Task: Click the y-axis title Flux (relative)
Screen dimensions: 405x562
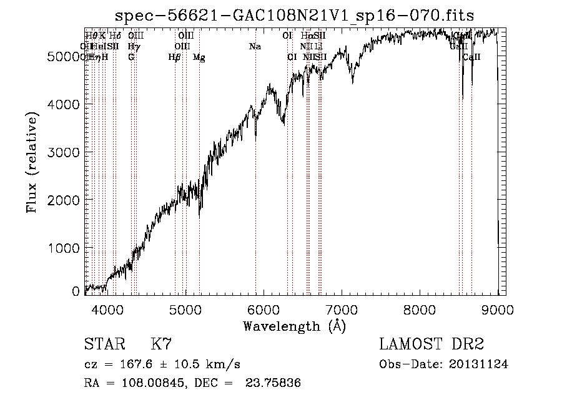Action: click(32, 162)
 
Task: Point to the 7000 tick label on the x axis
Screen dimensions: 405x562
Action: click(342, 309)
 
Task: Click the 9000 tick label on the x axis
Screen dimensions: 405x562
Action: click(498, 309)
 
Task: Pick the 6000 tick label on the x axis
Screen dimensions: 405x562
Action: click(264, 309)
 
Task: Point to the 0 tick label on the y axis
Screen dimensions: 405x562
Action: click(76, 291)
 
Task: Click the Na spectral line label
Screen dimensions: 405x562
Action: click(255, 46)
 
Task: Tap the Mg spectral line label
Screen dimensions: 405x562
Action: click(199, 57)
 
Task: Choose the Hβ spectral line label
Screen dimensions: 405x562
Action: click(174, 57)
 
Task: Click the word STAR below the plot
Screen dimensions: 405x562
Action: click(103, 344)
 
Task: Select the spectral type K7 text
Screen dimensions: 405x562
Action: click(161, 344)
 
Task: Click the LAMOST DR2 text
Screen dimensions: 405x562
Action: click(431, 344)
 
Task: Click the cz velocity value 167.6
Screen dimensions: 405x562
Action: click(136, 364)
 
